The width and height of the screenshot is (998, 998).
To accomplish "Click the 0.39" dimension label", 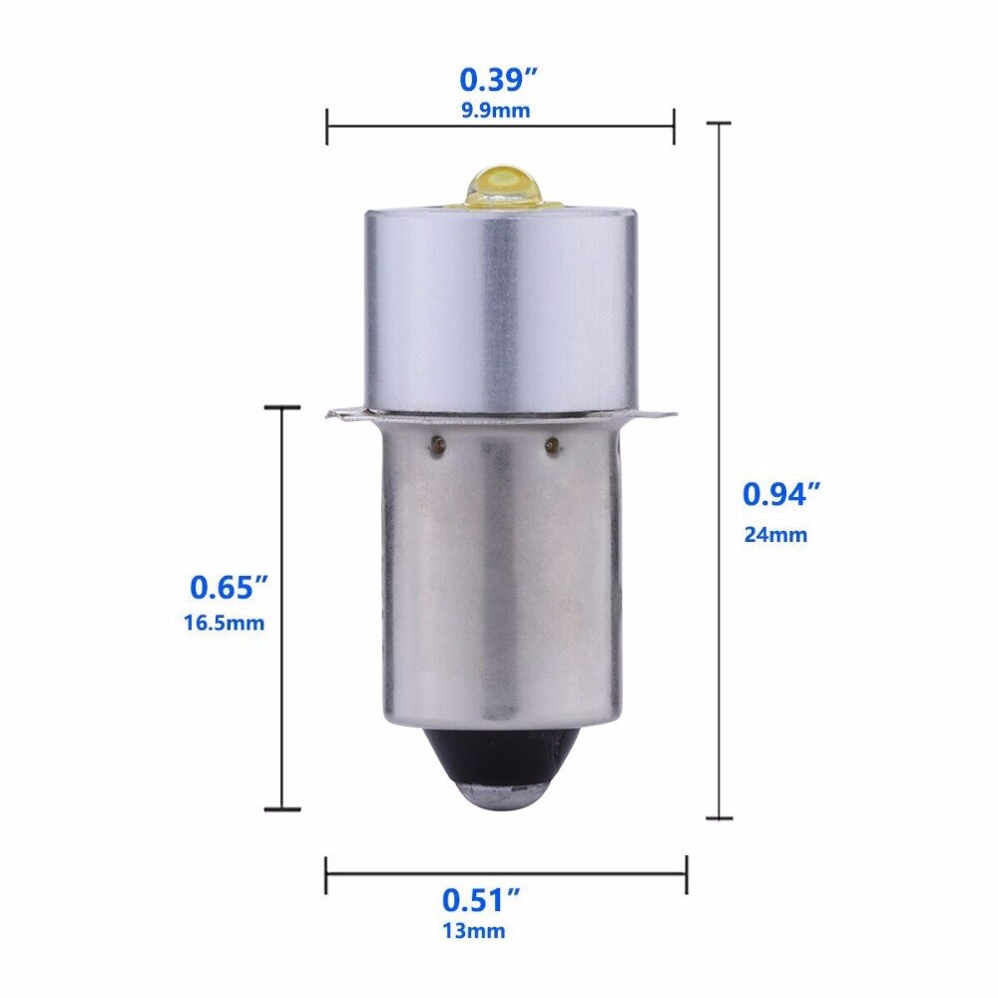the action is (x=499, y=80).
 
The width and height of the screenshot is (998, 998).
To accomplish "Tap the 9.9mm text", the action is (x=496, y=111).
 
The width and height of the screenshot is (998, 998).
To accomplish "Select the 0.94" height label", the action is (x=781, y=494).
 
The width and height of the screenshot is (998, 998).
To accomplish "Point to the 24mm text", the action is (x=775, y=535).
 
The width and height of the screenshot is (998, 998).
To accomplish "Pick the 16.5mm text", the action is (x=224, y=622).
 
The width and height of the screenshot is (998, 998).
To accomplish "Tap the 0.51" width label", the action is (x=481, y=900).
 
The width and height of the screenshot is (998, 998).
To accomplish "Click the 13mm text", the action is (x=474, y=931).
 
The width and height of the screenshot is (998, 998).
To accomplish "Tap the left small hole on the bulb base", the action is (x=437, y=445).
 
